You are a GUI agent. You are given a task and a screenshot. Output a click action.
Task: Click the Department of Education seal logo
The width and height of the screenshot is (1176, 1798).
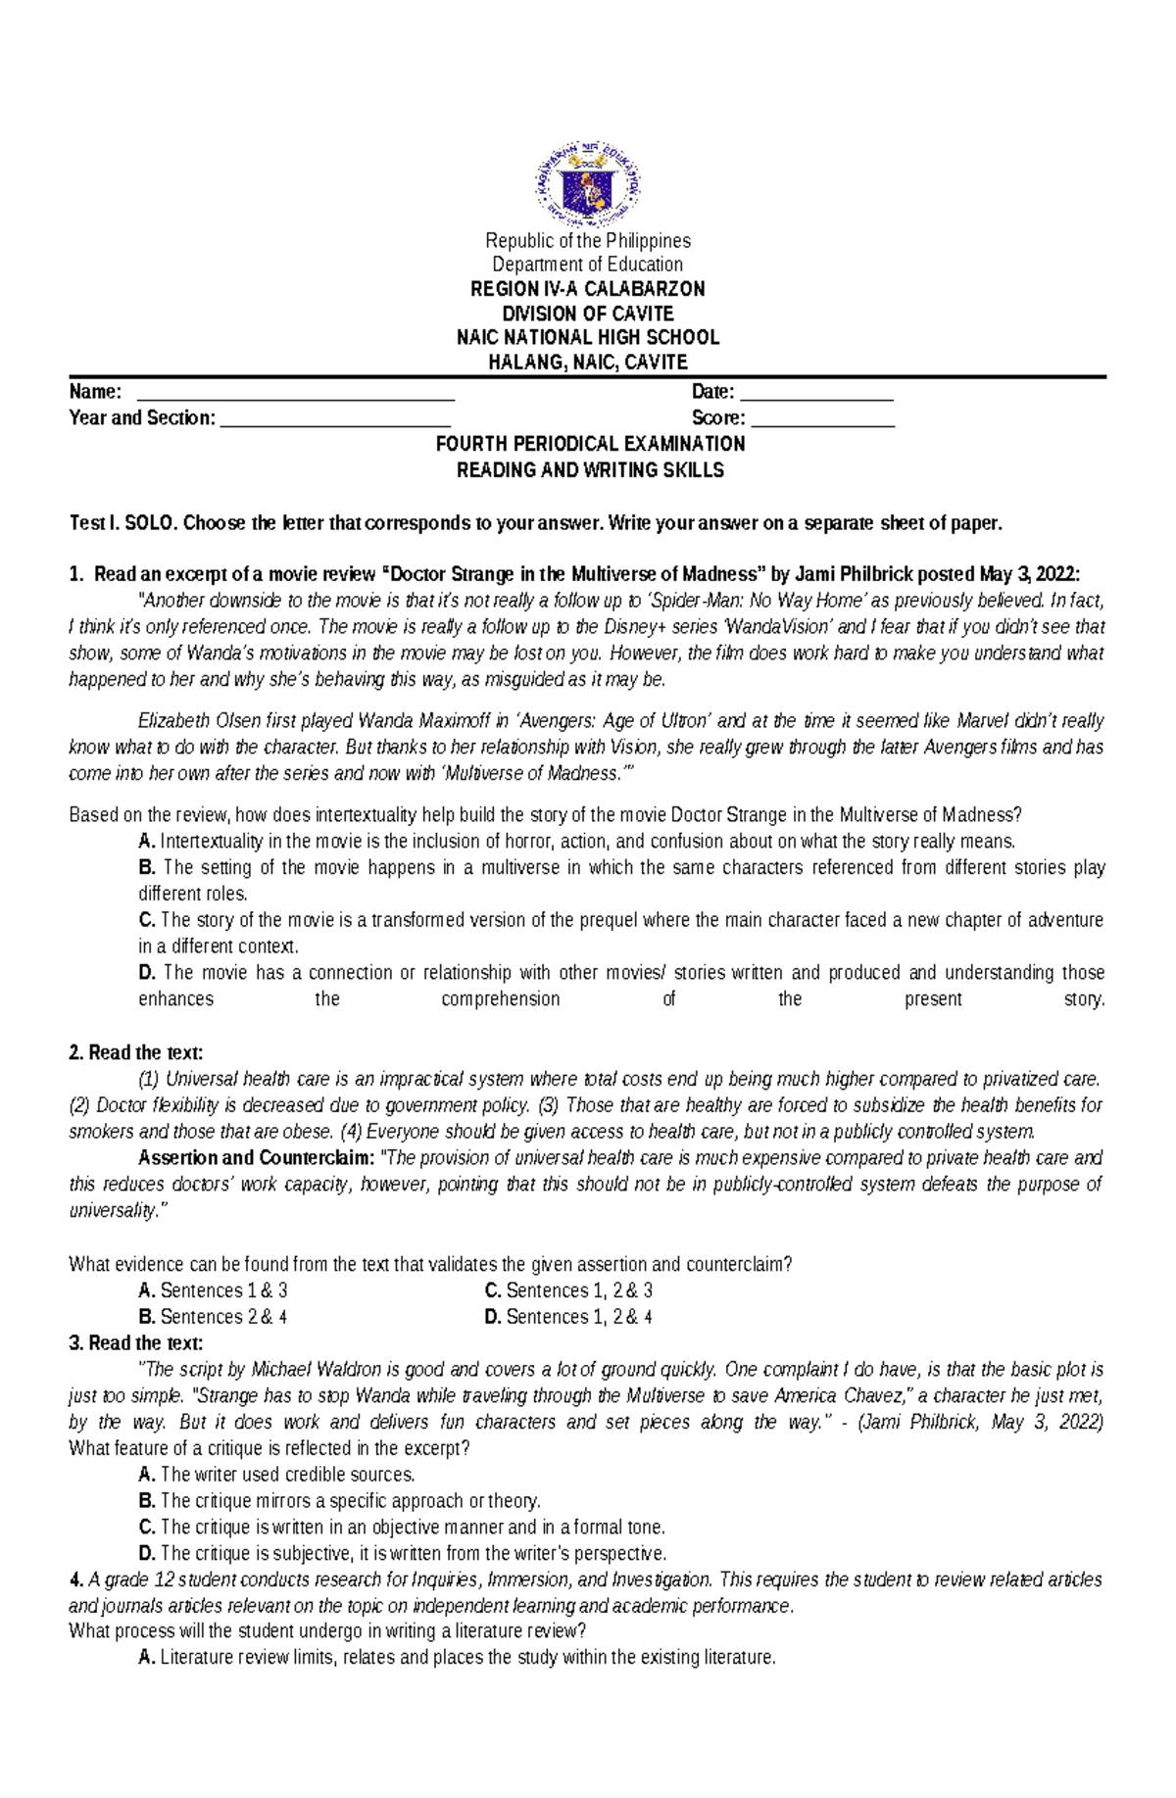(587, 183)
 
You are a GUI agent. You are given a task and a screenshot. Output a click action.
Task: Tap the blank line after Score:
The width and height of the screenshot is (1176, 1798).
(822, 422)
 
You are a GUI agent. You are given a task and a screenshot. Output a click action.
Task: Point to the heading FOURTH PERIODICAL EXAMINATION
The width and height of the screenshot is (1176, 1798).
(590, 444)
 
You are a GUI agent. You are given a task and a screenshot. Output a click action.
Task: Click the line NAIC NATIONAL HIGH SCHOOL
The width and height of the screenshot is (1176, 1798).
(587, 337)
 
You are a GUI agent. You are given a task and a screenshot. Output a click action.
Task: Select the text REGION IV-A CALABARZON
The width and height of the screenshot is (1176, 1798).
(587, 289)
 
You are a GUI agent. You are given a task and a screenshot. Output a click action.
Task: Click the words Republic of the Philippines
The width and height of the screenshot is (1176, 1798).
(587, 241)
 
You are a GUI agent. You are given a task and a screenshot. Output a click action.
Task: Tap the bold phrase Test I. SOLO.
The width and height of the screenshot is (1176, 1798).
(123, 523)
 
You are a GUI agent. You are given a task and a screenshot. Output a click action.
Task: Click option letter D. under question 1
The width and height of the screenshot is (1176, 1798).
(147, 973)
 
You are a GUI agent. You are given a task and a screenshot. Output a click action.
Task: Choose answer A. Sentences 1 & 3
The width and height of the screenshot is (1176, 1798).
(214, 1290)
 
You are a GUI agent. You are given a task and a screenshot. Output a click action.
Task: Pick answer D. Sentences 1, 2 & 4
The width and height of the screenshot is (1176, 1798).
(568, 1317)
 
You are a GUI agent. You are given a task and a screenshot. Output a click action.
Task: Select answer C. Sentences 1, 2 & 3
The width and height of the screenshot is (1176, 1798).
(568, 1290)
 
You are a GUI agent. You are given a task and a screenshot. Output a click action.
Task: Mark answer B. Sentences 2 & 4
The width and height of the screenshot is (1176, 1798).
(214, 1317)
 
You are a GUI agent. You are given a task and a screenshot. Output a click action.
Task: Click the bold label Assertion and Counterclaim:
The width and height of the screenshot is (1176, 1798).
(256, 1158)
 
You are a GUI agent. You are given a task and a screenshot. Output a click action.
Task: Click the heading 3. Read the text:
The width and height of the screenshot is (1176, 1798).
(136, 1343)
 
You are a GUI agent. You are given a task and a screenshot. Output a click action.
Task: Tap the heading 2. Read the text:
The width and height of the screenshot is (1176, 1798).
(136, 1053)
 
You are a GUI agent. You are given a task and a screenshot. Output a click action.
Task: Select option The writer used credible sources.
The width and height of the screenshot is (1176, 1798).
(286, 1475)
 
